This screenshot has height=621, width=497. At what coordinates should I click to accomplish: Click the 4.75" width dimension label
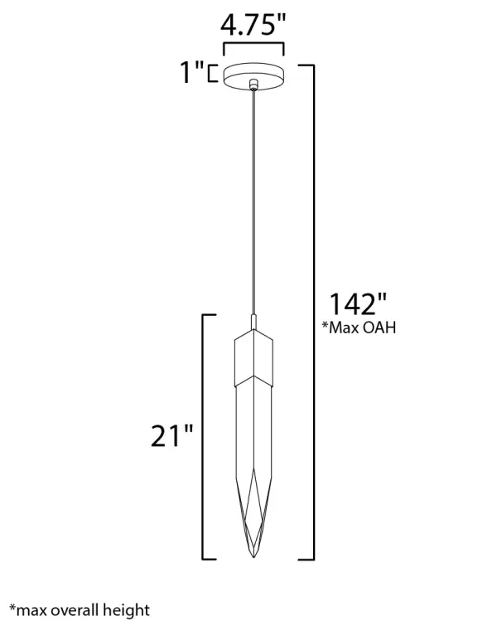[x=253, y=25]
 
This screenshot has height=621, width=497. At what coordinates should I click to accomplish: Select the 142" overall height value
[x=358, y=305]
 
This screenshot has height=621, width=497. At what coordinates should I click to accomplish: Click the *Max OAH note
[x=359, y=328]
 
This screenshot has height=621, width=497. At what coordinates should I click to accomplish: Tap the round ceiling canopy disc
[x=253, y=73]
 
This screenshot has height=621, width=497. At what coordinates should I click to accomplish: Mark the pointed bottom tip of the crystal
[x=253, y=554]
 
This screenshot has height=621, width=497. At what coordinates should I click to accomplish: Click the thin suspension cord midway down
[x=253, y=199]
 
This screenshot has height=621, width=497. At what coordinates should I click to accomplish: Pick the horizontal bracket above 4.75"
[x=253, y=48]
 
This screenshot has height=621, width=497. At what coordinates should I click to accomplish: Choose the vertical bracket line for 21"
[x=203, y=436]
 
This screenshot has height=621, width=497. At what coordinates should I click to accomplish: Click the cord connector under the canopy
[x=253, y=85]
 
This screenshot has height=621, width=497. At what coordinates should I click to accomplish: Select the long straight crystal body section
[x=253, y=431]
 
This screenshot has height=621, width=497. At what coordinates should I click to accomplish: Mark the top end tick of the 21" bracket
[x=210, y=315]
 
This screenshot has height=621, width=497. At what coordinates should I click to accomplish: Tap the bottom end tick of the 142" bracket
[x=306, y=558]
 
